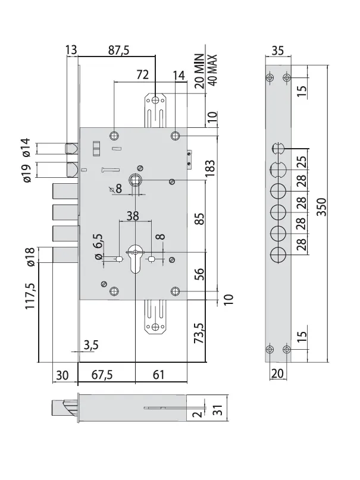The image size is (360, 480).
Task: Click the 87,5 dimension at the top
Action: [119, 50]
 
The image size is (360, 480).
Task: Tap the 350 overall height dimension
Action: [322, 207]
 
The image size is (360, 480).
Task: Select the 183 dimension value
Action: [210, 168]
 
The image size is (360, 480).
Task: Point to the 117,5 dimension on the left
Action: [30, 296]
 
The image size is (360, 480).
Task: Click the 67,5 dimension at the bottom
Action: [102, 374]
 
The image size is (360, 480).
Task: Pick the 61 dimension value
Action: [158, 374]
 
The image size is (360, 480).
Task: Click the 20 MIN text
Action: [199, 71]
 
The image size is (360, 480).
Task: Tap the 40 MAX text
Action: [212, 70]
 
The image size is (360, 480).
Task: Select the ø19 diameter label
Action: [27, 173]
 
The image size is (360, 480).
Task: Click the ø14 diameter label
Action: [27, 148]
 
